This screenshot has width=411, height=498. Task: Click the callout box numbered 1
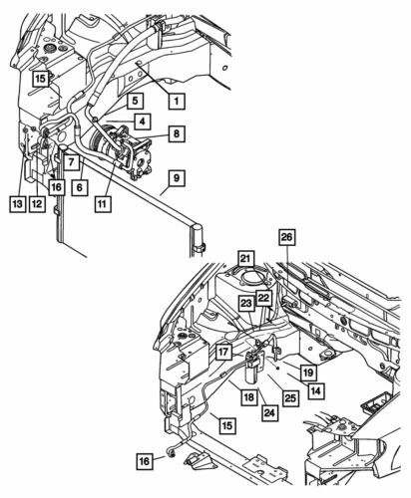(176, 101)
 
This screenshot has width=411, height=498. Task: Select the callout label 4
(145, 122)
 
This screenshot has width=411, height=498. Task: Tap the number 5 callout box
(135, 101)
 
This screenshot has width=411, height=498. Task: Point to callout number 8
(176, 131)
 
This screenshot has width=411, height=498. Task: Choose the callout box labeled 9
(175, 178)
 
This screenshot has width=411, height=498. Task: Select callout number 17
(224, 352)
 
